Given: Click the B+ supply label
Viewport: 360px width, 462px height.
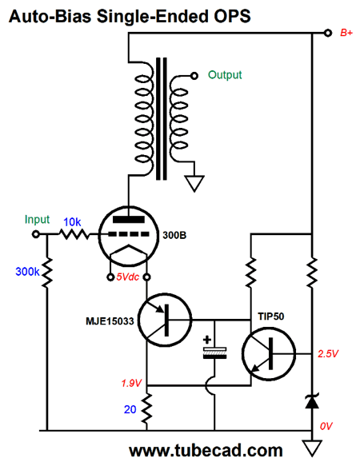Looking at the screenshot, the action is [x=346, y=33].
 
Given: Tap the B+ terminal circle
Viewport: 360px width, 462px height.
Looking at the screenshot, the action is [x=328, y=33].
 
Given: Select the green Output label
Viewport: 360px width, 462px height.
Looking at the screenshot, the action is [x=225, y=75].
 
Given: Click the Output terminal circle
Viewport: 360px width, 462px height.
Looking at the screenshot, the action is [x=194, y=76].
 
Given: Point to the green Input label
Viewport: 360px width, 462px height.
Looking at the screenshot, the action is [x=37, y=220].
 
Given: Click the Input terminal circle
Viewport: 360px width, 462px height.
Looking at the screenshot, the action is [x=36, y=234].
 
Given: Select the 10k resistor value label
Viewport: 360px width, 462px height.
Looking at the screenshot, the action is [x=72, y=222].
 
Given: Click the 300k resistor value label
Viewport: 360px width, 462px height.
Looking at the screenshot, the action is [x=27, y=272].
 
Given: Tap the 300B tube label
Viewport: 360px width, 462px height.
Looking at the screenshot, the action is [x=174, y=236].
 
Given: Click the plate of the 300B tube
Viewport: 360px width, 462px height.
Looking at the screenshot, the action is [x=129, y=220].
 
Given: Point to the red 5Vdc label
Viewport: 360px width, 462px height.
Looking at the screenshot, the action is [x=128, y=277].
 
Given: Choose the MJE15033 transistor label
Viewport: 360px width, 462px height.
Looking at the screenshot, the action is [x=110, y=321].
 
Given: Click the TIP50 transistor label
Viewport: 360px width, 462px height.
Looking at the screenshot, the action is [x=271, y=317].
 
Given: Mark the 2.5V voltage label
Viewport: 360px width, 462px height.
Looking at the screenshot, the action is [x=328, y=353].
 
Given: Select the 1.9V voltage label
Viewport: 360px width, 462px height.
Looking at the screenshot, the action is [x=131, y=383].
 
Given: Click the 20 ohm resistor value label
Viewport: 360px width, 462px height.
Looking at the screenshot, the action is [x=130, y=409].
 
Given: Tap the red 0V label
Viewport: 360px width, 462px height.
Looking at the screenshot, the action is [x=326, y=426].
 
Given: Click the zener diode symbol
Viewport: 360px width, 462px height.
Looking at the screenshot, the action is [x=312, y=401].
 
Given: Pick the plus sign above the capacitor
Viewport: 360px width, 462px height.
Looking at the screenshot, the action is [x=207, y=340].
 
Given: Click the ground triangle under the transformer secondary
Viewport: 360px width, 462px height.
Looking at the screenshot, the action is [x=194, y=183].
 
